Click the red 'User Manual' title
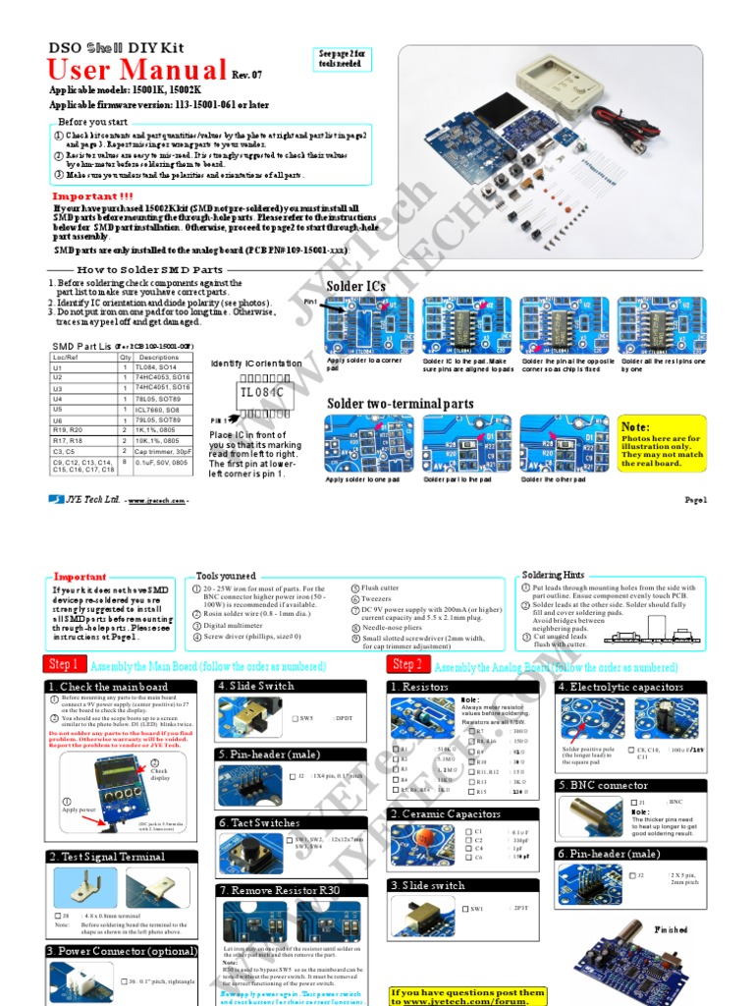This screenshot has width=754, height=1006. (x=137, y=70)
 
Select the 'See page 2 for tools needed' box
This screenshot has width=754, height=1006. (x=342, y=59)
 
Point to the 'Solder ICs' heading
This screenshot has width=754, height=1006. (x=355, y=286)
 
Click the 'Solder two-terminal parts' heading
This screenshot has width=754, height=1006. (x=400, y=404)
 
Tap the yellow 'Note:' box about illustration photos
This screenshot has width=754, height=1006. (x=661, y=445)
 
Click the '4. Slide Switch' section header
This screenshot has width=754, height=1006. (x=257, y=686)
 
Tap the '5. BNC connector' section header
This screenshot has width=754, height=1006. (x=604, y=785)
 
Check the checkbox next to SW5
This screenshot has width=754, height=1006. (x=296, y=719)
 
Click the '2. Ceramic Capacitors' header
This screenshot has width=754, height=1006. (x=446, y=813)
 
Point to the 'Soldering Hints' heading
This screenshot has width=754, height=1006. (x=553, y=575)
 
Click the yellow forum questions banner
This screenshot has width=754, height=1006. (x=467, y=996)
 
